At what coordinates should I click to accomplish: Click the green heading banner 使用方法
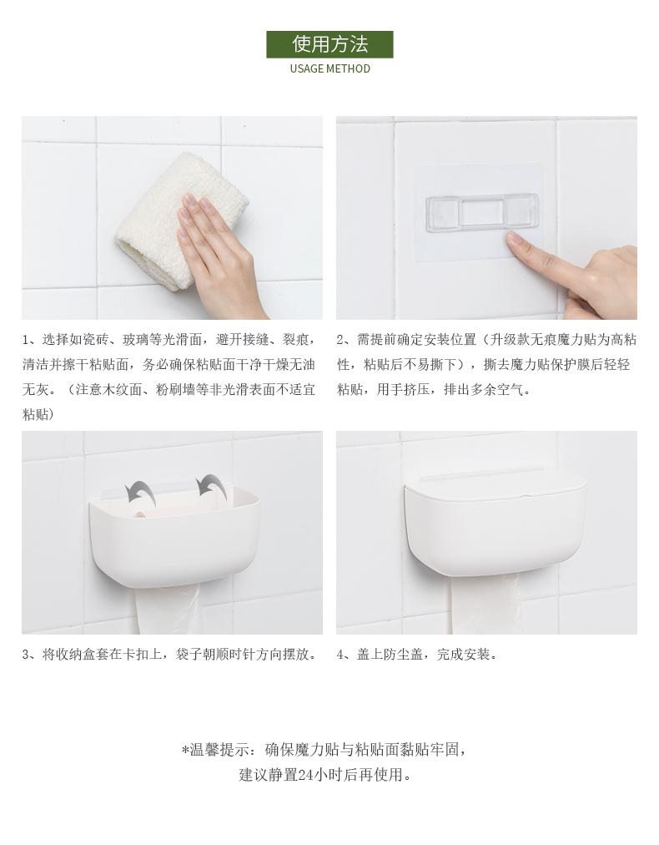tap(329, 44)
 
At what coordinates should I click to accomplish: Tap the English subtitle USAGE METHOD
tap(330, 69)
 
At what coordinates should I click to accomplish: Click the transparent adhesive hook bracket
tap(482, 214)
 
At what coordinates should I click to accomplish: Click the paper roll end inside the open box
tap(139, 514)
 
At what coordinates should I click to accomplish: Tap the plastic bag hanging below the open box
tap(168, 608)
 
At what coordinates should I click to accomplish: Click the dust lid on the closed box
tap(496, 488)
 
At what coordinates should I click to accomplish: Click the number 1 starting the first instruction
tap(25, 340)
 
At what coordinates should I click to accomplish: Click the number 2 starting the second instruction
tap(340, 340)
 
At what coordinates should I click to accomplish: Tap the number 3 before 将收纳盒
tap(26, 655)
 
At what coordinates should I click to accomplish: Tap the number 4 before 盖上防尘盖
tap(340, 655)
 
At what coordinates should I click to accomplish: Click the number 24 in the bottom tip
tap(306, 775)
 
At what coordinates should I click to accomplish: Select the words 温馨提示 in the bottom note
tap(219, 750)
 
